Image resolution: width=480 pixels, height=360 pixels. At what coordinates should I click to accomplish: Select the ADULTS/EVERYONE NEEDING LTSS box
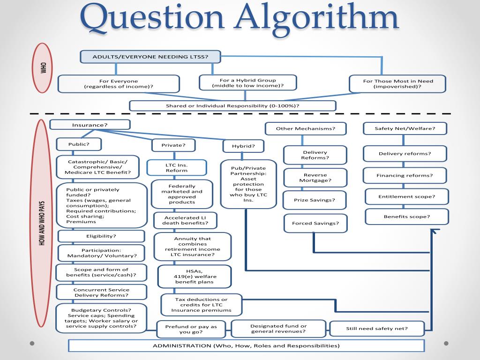pyautogui.click(x=150, y=57)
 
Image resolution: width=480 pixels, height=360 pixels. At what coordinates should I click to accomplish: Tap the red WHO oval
pyautogui.click(x=44, y=68)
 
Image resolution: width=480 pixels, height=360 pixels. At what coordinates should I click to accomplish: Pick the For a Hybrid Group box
pyautogui.click(x=247, y=82)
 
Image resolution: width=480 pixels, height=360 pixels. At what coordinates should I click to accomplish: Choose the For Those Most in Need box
pyautogui.click(x=398, y=84)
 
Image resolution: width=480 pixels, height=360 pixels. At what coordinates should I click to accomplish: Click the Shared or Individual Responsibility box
pyautogui.click(x=232, y=105)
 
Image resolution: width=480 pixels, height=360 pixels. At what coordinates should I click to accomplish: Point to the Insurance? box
pyautogui.click(x=90, y=125)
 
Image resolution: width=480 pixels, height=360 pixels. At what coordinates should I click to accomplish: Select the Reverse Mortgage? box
pyautogui.click(x=315, y=178)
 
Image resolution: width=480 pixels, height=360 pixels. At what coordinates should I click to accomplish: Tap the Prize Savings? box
pyautogui.click(x=315, y=200)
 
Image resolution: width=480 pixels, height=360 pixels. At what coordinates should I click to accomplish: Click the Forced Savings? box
pyautogui.click(x=315, y=223)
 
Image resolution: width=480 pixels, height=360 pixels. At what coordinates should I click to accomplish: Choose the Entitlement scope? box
pyautogui.click(x=406, y=196)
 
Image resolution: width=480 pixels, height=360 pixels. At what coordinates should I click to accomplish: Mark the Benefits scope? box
pyautogui.click(x=406, y=217)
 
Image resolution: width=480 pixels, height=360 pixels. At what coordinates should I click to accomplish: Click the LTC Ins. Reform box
pyautogui.click(x=176, y=167)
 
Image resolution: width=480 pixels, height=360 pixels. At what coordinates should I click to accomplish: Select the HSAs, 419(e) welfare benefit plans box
pyautogui.click(x=194, y=276)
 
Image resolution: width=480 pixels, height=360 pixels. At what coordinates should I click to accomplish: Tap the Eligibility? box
pyautogui.click(x=101, y=236)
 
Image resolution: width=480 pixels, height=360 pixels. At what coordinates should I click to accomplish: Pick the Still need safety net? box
pyautogui.click(x=377, y=329)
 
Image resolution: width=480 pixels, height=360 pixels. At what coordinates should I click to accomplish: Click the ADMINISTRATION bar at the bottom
pyautogui.click(x=246, y=345)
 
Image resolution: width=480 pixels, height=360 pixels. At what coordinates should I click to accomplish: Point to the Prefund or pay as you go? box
pyautogui.click(x=191, y=329)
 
